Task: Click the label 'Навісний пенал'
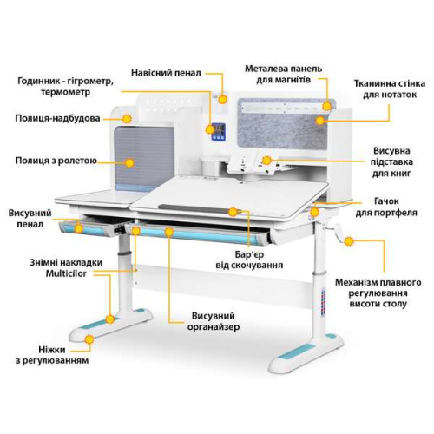[x=166, y=73]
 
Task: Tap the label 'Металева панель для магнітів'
[x=284, y=74]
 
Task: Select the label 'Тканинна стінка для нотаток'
[x=390, y=89]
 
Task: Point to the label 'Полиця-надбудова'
[x=57, y=118]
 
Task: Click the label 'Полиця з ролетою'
[x=56, y=161]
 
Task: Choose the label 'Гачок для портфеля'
[x=386, y=207]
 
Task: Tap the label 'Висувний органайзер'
[x=214, y=321]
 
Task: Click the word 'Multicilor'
[x=66, y=273]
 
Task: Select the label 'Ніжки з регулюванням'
[x=52, y=355]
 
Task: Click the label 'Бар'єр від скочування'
[x=249, y=260]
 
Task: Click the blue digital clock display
[x=219, y=132]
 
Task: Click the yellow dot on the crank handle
[x=349, y=241]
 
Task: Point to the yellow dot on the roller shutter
[x=129, y=163]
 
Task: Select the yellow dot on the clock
[x=210, y=129]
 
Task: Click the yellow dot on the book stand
[x=266, y=161]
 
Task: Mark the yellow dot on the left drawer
[x=79, y=228]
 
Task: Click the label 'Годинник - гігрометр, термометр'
[x=66, y=87]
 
